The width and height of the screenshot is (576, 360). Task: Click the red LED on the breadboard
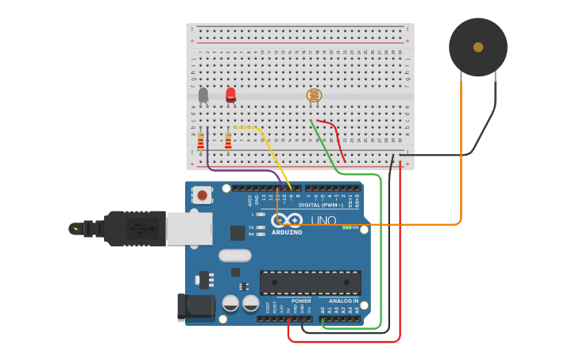pyautogui.click(x=230, y=95)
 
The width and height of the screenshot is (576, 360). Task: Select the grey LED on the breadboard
pyautogui.click(x=203, y=95)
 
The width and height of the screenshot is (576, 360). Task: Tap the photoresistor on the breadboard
pyautogui.click(x=314, y=95)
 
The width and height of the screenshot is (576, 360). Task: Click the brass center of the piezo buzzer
pyautogui.click(x=478, y=47)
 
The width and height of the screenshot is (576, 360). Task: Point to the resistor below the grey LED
pyautogui.click(x=201, y=141)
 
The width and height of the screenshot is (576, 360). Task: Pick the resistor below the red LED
pyautogui.click(x=228, y=141)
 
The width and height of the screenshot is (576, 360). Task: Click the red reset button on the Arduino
pyautogui.click(x=203, y=195)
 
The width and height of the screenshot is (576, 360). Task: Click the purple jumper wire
pyautogui.click(x=238, y=168)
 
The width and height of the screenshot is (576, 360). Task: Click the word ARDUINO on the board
pyautogui.click(x=287, y=232)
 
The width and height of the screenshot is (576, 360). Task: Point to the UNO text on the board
pyautogui.click(x=323, y=220)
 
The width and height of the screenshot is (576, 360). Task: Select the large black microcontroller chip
pyautogui.click(x=310, y=282)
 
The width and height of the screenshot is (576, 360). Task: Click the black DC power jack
pyautogui.click(x=194, y=307)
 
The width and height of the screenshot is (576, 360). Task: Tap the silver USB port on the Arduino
pyautogui.click(x=189, y=229)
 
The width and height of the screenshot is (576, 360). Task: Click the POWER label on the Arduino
pyautogui.click(x=301, y=301)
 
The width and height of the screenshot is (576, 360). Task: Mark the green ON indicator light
pyautogui.click(x=346, y=226)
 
